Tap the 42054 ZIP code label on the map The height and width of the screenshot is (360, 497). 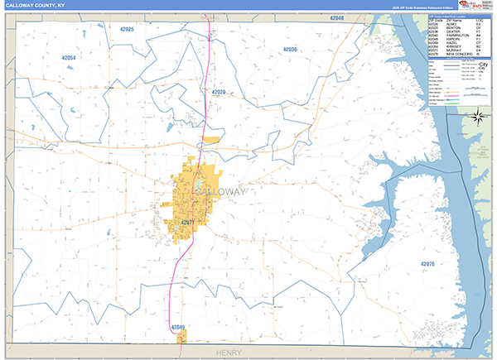pos(69,57)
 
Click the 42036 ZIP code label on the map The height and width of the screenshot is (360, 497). pos(289,50)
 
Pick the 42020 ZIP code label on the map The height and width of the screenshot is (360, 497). pos(219,92)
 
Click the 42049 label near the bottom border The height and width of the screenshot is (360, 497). pos(177,328)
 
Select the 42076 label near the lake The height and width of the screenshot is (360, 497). pos(427,263)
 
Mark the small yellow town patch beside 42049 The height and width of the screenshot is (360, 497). pos(182,336)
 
